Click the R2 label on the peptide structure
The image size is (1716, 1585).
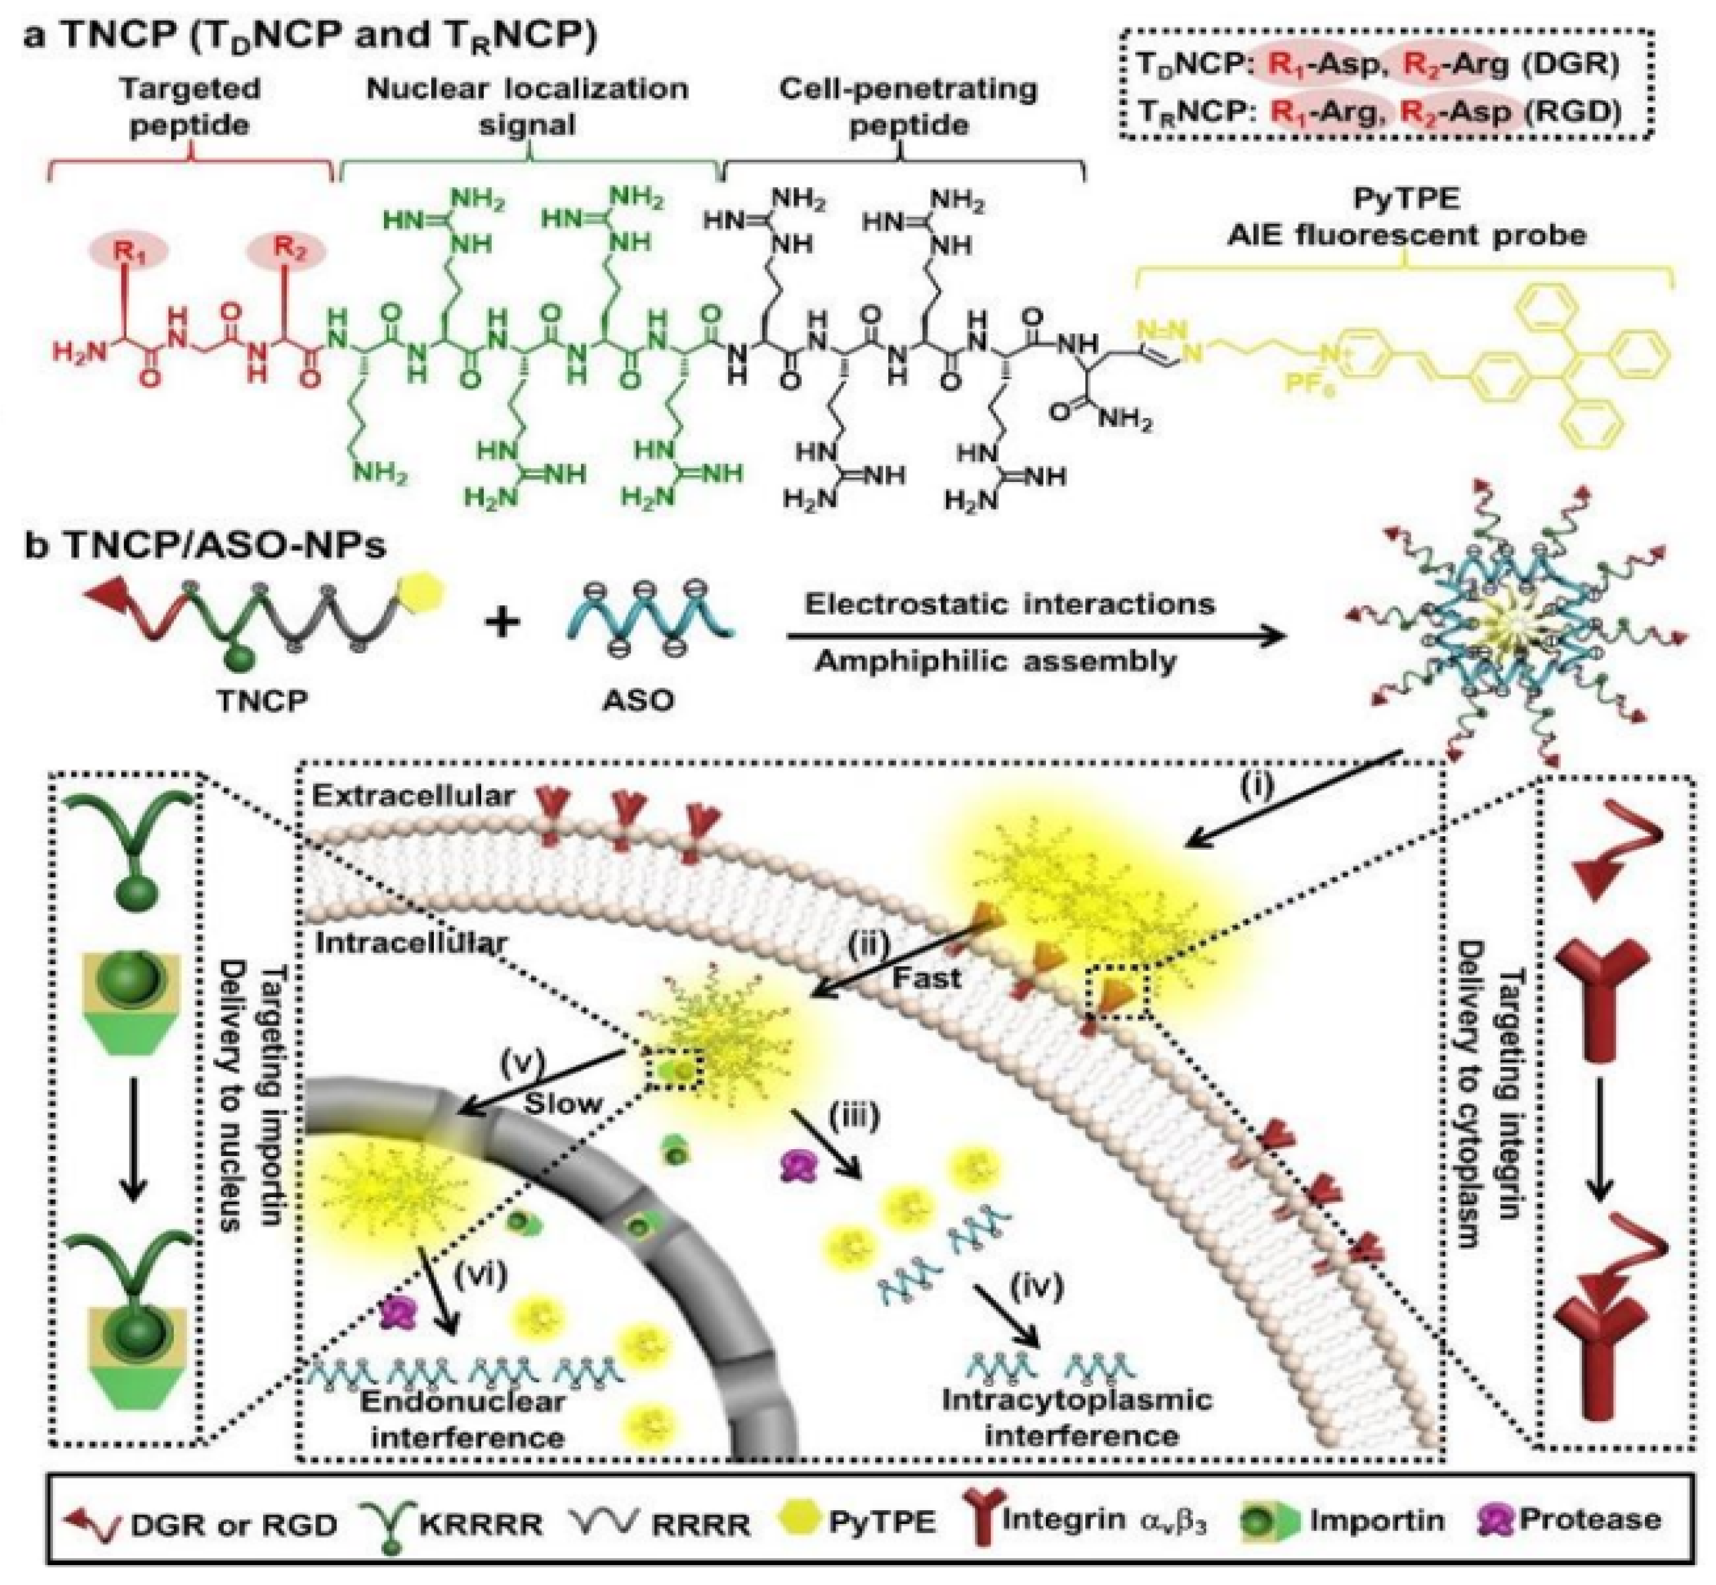[x=287, y=251]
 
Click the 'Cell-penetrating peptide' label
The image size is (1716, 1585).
[x=908, y=107]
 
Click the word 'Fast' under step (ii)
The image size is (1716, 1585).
[x=926, y=977]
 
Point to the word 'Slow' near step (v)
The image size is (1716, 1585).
[x=563, y=1102]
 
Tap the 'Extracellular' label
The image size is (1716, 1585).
[x=413, y=796]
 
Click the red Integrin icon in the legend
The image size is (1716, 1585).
[x=980, y=1521]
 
